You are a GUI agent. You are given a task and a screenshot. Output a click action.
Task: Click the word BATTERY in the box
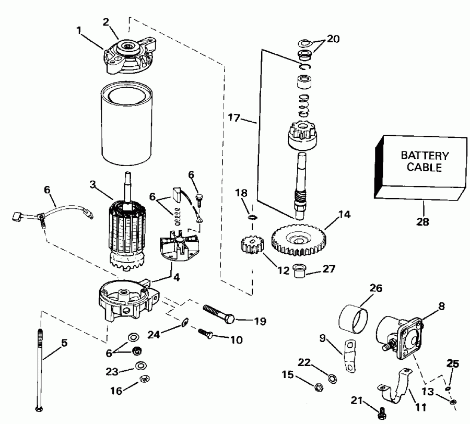[424, 156]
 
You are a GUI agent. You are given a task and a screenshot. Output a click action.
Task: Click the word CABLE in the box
[424, 168]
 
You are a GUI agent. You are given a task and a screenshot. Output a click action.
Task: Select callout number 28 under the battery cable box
[422, 221]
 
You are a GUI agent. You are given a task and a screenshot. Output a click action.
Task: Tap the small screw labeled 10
[206, 333]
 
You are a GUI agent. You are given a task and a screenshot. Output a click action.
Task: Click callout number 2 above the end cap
[105, 21]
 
